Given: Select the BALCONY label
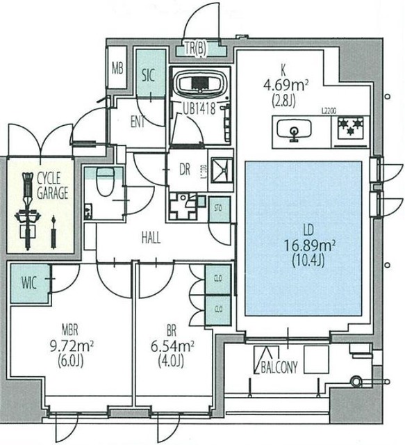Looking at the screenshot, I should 279,368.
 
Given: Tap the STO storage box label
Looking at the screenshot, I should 217,208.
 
